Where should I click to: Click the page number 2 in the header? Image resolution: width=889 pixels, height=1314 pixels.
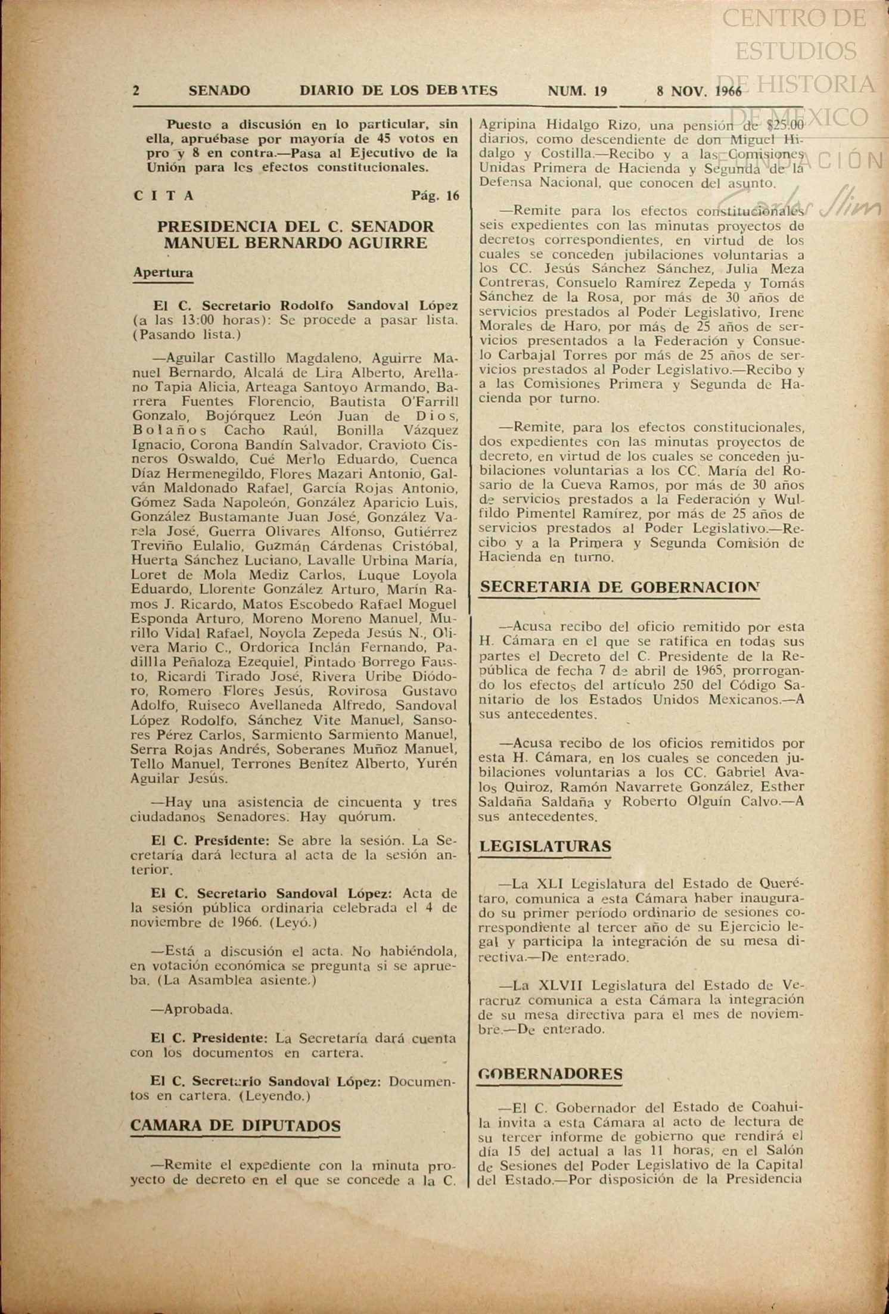click(x=136, y=91)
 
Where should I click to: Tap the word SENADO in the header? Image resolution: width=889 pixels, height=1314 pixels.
click(x=219, y=91)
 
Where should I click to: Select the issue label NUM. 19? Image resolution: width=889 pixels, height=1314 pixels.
click(x=577, y=91)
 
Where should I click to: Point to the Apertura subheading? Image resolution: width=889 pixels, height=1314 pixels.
click(x=163, y=273)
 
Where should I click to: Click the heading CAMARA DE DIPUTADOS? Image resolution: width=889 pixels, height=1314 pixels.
click(x=235, y=1125)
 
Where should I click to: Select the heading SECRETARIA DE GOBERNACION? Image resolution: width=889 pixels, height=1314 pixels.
click(x=620, y=587)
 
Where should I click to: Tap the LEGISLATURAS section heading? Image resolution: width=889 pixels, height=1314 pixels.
click(x=545, y=846)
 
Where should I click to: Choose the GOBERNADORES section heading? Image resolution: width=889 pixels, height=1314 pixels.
click(x=551, y=1074)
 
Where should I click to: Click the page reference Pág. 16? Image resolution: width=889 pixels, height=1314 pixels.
click(x=435, y=196)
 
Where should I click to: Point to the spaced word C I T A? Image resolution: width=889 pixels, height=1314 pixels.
click(x=164, y=196)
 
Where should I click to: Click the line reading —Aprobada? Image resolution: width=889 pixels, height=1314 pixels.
click(x=191, y=1009)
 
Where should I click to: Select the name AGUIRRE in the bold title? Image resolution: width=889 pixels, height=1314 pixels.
click(x=387, y=242)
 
